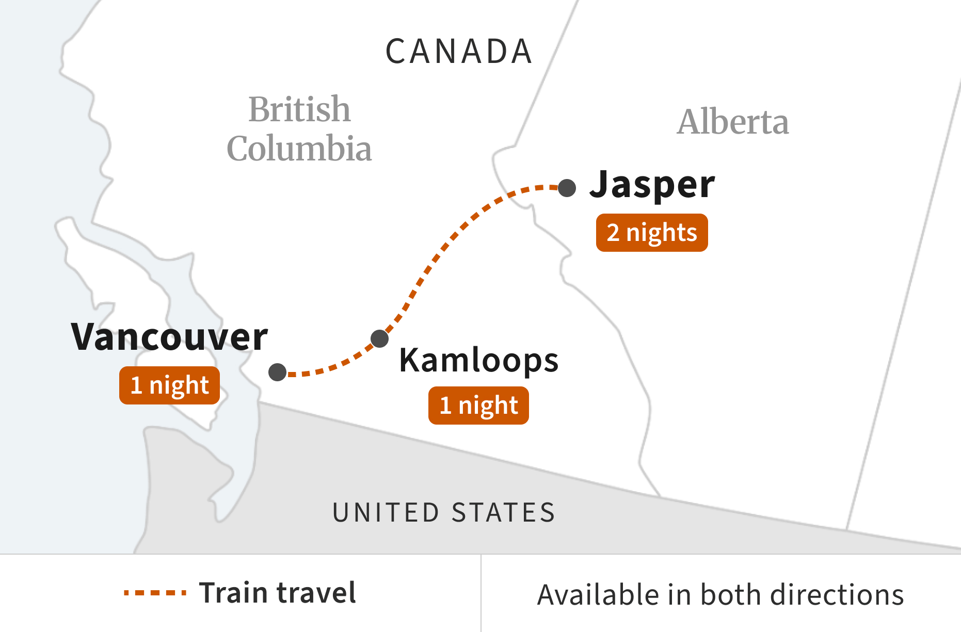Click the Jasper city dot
click(567, 188)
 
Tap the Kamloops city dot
click(379, 338)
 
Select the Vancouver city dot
click(278, 372)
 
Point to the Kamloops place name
click(478, 360)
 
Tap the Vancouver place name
click(169, 337)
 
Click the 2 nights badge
click(652, 233)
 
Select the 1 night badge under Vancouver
click(169, 385)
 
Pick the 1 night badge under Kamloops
click(478, 406)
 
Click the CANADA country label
click(459, 52)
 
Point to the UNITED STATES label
click(444, 513)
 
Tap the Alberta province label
click(733, 122)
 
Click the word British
click(299, 109)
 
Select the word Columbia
click(299, 149)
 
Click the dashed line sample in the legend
click(155, 593)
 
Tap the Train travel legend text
click(278, 593)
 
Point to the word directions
click(837, 595)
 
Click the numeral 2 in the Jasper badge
click(613, 233)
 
